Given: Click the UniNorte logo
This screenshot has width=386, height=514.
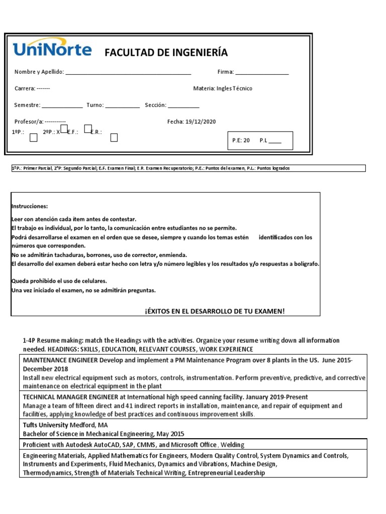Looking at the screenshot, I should click(x=52, y=49).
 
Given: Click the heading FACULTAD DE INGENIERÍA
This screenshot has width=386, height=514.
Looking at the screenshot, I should click(x=166, y=53).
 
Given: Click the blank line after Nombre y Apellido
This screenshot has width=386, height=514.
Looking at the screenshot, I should click(x=129, y=72).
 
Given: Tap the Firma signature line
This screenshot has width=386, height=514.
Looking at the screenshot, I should click(x=262, y=72).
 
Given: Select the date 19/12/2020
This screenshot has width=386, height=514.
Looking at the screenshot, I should click(x=201, y=121).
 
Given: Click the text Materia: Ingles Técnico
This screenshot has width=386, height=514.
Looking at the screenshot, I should click(x=223, y=88).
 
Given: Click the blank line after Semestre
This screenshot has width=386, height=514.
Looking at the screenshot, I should click(x=62, y=105).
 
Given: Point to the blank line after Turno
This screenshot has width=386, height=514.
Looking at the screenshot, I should click(x=123, y=105).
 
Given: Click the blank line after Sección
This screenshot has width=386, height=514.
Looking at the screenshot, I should click(x=183, y=105).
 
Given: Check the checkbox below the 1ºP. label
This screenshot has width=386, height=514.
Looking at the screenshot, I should click(x=34, y=138).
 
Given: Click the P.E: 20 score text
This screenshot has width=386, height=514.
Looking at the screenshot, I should click(x=241, y=141).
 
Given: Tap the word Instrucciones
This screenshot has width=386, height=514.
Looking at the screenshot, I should click(x=29, y=206).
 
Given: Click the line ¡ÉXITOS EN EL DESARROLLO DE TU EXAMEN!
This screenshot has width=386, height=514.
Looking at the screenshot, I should click(x=215, y=311).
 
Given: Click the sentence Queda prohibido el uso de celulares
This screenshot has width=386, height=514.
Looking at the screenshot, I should click(x=59, y=281).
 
